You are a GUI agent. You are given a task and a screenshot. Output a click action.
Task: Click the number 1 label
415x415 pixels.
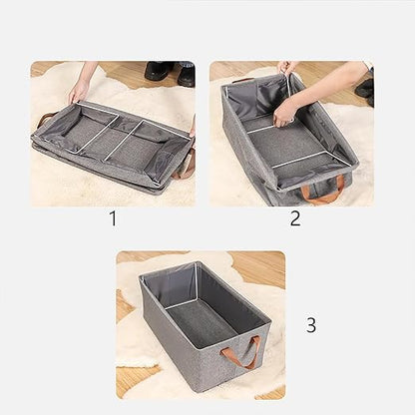click(x=112, y=218)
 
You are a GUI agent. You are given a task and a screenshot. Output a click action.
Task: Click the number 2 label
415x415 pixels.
click(x=295, y=218)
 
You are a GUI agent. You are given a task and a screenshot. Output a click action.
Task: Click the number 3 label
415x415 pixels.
click(x=311, y=324)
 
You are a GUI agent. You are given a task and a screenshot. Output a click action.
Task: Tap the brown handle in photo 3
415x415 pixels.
click(x=245, y=352)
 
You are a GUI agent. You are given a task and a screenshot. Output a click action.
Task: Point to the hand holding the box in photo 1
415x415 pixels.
click(x=78, y=92)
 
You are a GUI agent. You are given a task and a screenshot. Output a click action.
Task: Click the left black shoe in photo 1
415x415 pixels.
click(x=158, y=71)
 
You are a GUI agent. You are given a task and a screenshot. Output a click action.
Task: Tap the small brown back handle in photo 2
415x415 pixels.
click(x=243, y=79)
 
